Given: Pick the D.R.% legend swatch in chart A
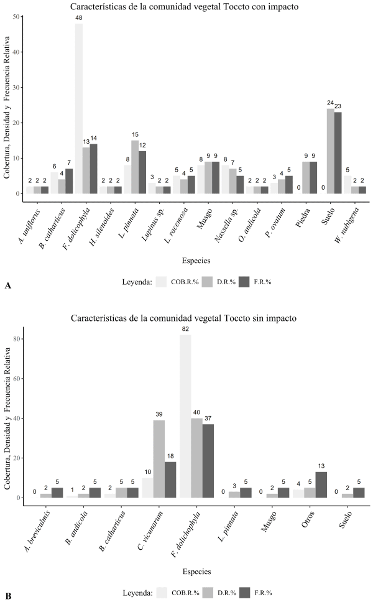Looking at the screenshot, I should [x=211, y=280].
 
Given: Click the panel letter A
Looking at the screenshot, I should [x=7, y=285].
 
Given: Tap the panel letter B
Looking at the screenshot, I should [x=7, y=596].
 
